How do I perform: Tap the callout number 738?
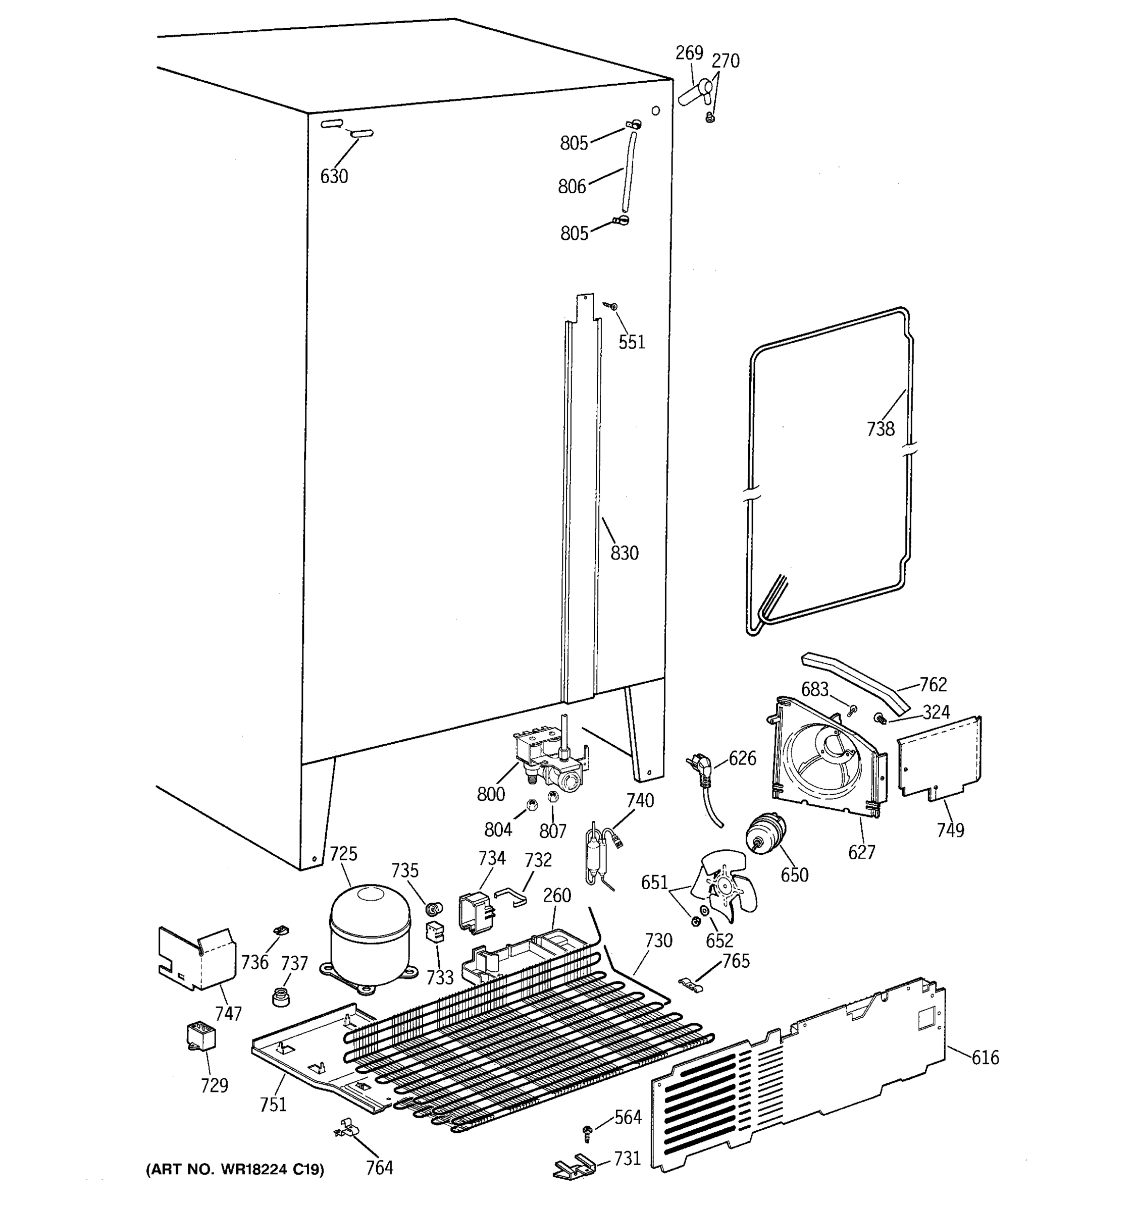(880, 429)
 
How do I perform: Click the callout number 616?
(985, 1058)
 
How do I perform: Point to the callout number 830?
(624, 553)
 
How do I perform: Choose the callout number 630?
(334, 176)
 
